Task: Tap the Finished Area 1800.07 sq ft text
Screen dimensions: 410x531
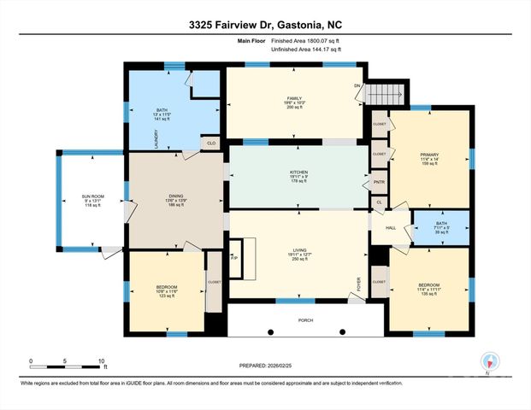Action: click(x=306, y=40)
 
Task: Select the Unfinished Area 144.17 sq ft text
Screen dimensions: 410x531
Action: click(x=306, y=50)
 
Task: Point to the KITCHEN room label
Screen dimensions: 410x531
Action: click(x=298, y=172)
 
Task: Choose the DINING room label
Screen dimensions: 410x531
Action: click(x=175, y=196)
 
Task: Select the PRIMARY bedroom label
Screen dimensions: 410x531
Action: click(x=428, y=155)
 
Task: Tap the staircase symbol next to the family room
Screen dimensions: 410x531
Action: click(x=383, y=93)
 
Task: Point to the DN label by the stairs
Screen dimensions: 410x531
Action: click(x=357, y=86)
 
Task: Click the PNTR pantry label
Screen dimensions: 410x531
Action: click(x=377, y=183)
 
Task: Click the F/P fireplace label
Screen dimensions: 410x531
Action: click(x=233, y=255)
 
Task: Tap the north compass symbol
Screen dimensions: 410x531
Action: click(x=488, y=362)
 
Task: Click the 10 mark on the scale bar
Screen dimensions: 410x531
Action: click(x=102, y=361)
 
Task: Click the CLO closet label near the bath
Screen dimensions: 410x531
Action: click(x=211, y=143)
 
